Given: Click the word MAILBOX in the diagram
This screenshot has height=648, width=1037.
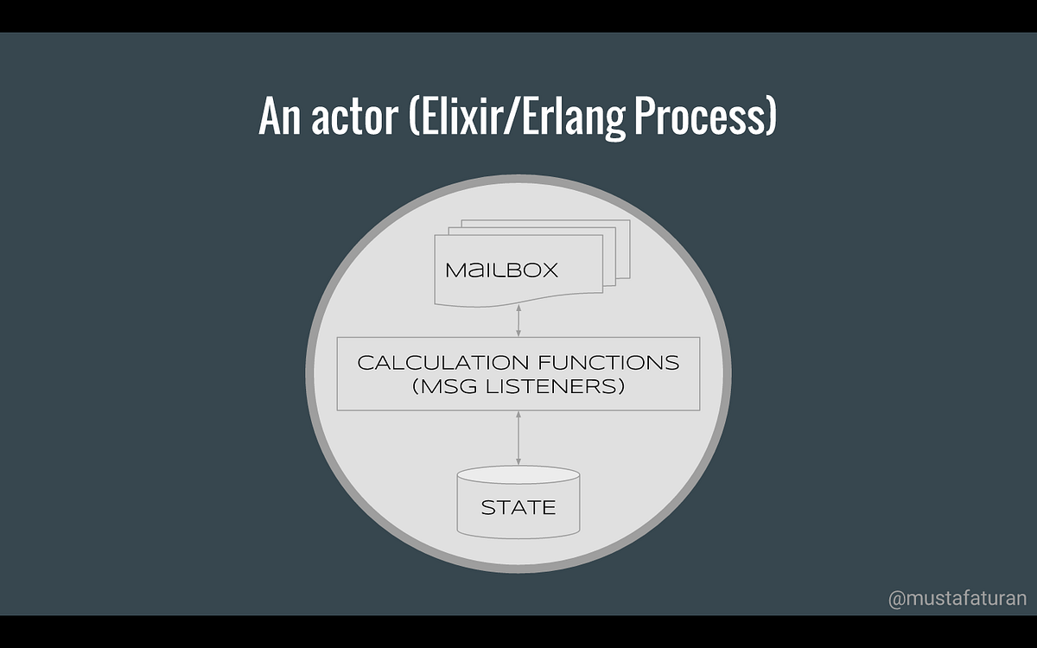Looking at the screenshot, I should [x=502, y=270].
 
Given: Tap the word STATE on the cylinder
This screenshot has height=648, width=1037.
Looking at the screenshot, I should [x=518, y=507].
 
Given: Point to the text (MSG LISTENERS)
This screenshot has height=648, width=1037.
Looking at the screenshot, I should [x=518, y=386].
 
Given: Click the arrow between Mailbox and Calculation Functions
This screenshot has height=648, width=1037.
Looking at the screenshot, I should [x=518, y=320].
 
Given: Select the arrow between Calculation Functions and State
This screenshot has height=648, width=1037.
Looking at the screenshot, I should [x=518, y=438].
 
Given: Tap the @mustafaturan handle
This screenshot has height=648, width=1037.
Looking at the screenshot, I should [x=957, y=598].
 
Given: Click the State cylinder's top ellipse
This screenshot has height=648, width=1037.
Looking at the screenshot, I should [x=518, y=475].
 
